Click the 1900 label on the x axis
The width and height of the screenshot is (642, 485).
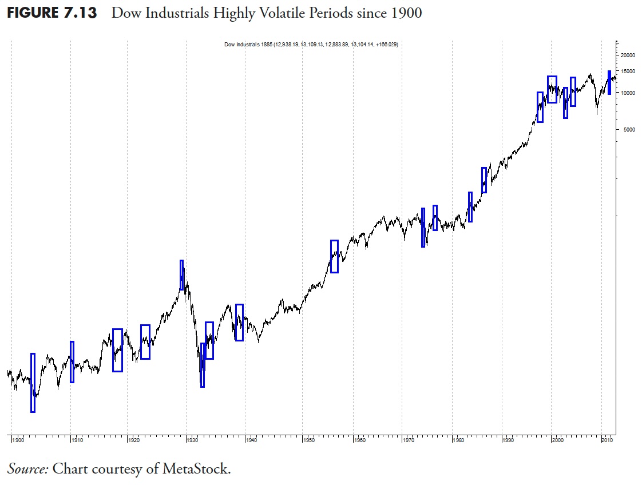(x=18, y=440)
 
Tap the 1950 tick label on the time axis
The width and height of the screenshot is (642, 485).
(x=309, y=440)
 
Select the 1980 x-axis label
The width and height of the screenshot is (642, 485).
(x=458, y=440)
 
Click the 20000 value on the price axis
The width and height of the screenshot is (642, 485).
(x=628, y=55)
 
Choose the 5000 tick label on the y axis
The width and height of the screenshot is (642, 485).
(x=629, y=130)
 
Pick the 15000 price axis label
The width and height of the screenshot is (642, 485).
(x=628, y=71)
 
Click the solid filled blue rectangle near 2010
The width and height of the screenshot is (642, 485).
(x=609, y=82)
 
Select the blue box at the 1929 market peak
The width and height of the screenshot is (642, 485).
(x=182, y=275)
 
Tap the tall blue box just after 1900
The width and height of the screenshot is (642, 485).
(x=33, y=382)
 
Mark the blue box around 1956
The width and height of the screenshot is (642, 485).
(x=334, y=256)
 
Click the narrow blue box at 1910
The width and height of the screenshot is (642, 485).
(x=72, y=361)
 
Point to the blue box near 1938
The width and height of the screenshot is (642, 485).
(x=239, y=323)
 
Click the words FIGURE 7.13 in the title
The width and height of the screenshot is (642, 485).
(x=51, y=13)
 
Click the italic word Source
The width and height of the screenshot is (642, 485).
(x=27, y=469)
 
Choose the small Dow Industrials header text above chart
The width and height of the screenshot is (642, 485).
(x=311, y=45)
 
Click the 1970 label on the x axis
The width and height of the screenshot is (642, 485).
(x=409, y=440)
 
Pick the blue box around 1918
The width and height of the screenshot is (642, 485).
(x=117, y=350)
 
